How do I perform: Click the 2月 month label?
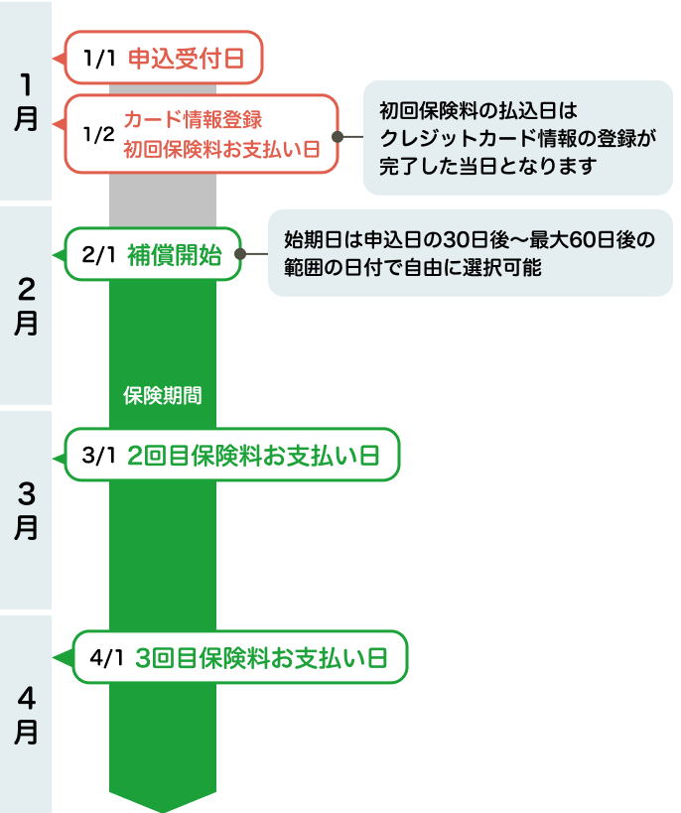(x=26, y=307)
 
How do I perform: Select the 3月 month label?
(x=26, y=510)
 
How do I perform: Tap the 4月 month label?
(x=26, y=715)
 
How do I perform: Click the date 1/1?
(x=100, y=59)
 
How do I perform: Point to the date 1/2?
(x=99, y=134)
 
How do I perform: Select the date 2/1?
(x=100, y=255)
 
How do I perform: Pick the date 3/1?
(x=100, y=457)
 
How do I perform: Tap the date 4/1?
(x=106, y=658)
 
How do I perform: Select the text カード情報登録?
(x=193, y=119)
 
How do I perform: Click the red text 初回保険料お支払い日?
(x=221, y=150)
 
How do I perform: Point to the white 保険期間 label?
(x=163, y=395)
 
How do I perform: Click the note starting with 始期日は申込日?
(x=470, y=253)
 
